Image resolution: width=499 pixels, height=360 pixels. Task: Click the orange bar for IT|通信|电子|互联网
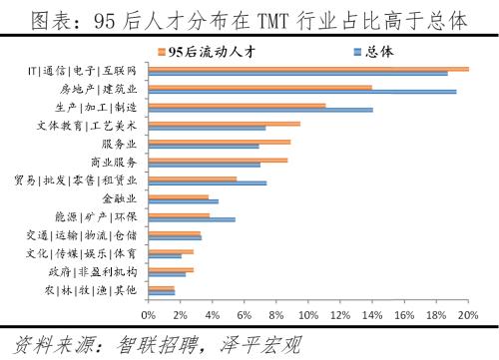click(x=308, y=69)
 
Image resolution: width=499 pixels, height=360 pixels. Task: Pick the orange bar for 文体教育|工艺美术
click(x=224, y=124)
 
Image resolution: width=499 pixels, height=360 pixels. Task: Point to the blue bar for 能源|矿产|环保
click(x=192, y=219)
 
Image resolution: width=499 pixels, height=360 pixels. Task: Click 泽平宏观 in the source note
click(x=261, y=344)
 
